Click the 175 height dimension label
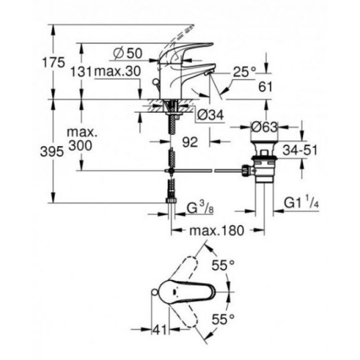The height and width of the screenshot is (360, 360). pyautogui.click(x=54, y=63)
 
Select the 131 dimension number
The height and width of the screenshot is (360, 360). pyautogui.click(x=81, y=73)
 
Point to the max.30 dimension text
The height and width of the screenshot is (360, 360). pyautogui.click(x=117, y=73)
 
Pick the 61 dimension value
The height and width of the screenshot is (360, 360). pyautogui.click(x=266, y=87)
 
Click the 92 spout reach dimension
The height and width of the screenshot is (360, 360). pyautogui.click(x=190, y=142)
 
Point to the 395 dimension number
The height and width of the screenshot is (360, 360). pyautogui.click(x=53, y=151)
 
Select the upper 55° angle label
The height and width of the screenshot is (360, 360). pyautogui.click(x=223, y=265)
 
